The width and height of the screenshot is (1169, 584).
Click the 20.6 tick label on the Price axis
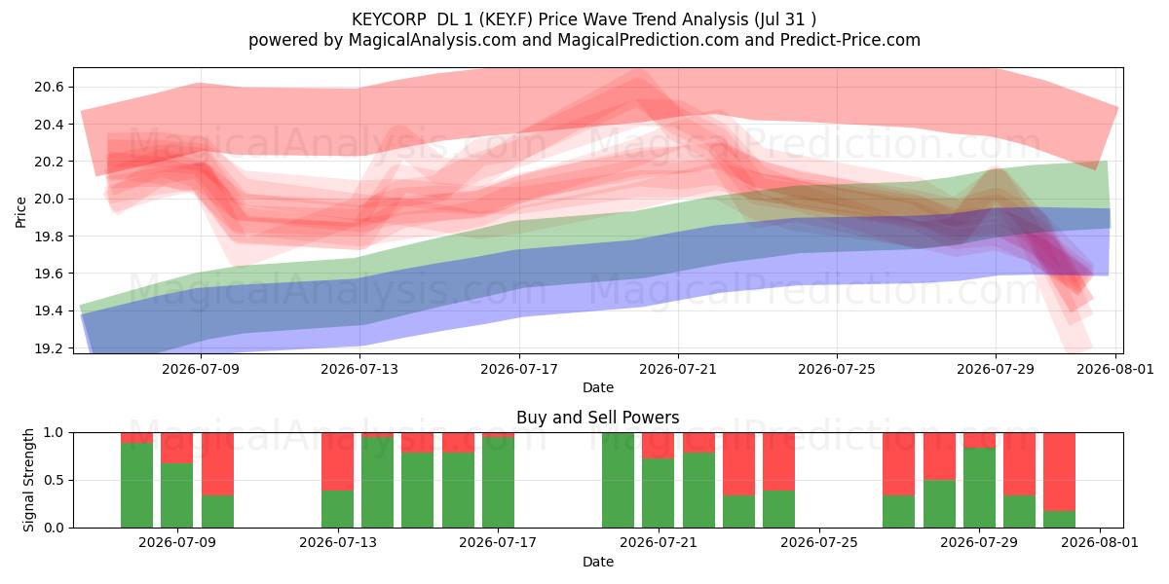[x=49, y=87]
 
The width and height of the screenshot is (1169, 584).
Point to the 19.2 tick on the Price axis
[x=49, y=348]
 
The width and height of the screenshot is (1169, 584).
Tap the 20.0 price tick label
[x=49, y=200]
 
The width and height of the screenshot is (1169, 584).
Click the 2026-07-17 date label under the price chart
[x=518, y=369]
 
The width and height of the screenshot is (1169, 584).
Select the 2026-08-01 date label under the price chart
[x=1115, y=369]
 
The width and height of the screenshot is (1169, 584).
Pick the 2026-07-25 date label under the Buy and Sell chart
[x=819, y=542]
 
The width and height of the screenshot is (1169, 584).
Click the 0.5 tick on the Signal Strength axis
[x=54, y=480]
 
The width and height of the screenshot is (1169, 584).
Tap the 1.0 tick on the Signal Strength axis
[x=54, y=432]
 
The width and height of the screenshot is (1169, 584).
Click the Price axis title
[x=20, y=212]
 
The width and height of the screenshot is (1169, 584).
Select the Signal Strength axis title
[x=28, y=480]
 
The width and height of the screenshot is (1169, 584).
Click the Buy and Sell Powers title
[x=597, y=418]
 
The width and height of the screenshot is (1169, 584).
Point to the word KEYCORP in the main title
[x=389, y=19]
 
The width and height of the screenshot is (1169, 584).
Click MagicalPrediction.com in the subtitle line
[x=648, y=40]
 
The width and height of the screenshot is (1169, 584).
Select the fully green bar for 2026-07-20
[x=618, y=480]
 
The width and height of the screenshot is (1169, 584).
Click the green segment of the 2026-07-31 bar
[x=1060, y=520]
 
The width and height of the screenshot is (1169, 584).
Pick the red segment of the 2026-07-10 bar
[x=217, y=463]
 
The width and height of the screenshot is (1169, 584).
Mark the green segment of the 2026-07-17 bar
[x=498, y=483]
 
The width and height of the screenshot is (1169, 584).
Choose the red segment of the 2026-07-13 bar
[x=337, y=461]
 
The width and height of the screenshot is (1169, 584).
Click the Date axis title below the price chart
[x=597, y=387]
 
